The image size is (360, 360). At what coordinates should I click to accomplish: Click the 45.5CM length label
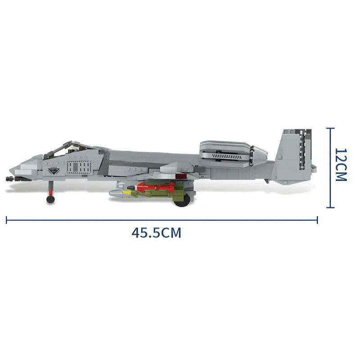coord(156,233)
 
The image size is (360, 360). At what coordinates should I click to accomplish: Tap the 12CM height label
coord(342,164)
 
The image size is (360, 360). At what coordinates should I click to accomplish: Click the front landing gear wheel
coord(50,198)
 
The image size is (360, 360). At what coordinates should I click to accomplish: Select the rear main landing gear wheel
coord(180,202)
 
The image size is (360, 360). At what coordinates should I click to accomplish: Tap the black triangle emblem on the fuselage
coord(55,171)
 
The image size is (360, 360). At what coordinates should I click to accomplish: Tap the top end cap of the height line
coord(331,128)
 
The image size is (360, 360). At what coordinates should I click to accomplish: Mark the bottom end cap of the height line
coord(331,208)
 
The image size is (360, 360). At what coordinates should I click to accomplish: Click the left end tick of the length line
coord(6,220)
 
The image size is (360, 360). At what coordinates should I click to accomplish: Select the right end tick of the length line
coord(318,220)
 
